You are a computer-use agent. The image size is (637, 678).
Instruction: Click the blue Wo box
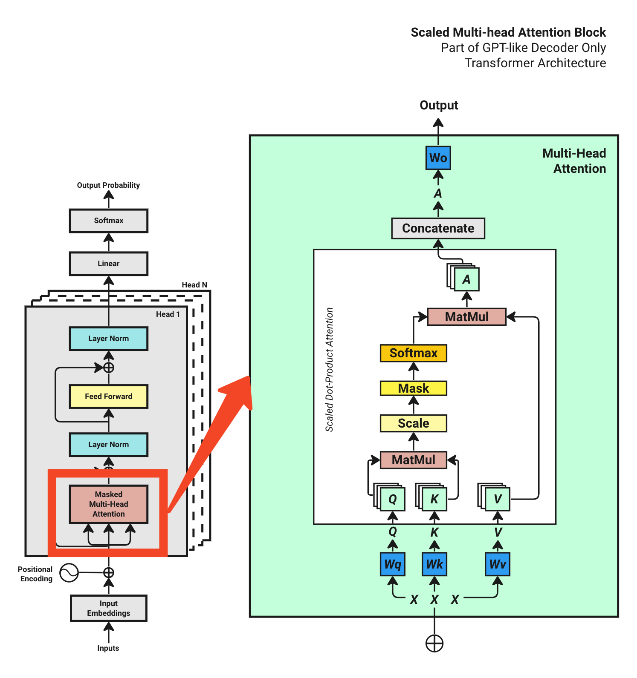(438, 158)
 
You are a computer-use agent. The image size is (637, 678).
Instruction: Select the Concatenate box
(438, 228)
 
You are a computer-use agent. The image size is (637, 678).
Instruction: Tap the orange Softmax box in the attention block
(413, 353)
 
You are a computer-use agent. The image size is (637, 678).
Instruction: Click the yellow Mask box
(413, 388)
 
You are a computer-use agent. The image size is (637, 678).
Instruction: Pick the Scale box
(413, 423)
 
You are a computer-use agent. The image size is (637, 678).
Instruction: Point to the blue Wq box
(392, 564)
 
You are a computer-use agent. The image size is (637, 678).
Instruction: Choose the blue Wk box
(434, 564)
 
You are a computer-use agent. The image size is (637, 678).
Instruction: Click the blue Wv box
(497, 564)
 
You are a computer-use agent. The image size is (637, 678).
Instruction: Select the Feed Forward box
(108, 396)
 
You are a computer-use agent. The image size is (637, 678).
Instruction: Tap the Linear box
(108, 264)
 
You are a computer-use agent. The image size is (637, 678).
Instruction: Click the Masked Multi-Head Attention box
(108, 504)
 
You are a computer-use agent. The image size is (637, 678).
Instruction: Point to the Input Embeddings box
(108, 608)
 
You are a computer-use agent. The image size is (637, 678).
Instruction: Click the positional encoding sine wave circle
(69, 573)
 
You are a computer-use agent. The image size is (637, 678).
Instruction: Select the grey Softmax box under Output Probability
(108, 221)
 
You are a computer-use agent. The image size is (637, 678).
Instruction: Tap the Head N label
(194, 285)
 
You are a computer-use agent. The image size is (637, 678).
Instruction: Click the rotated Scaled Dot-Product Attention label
(329, 370)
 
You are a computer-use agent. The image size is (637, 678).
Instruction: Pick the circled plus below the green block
(434, 643)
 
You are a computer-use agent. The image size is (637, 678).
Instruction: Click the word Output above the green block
(439, 105)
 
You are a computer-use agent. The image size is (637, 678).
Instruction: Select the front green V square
(498, 499)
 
